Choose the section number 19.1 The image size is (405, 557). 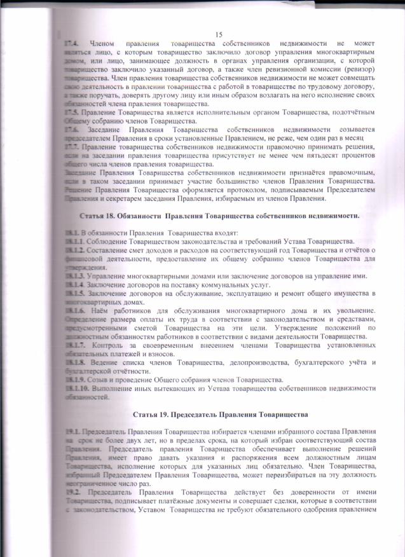[x=71, y=432]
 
